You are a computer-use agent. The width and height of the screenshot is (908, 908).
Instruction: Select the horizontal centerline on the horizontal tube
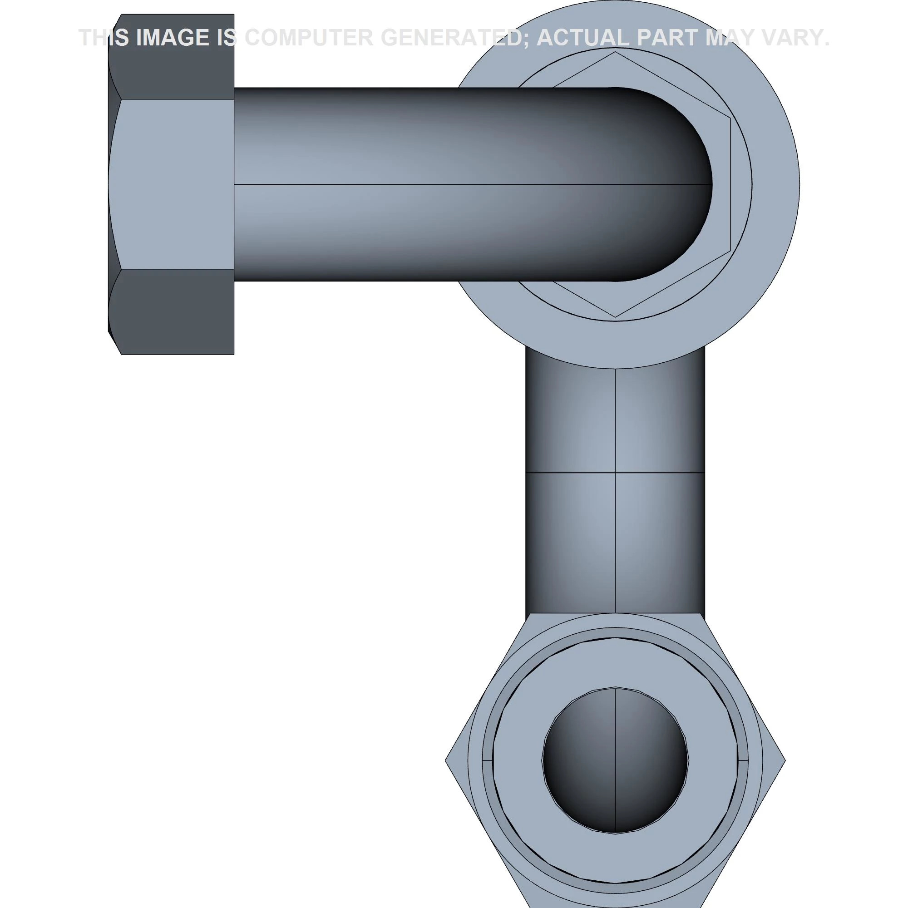click(423, 184)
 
